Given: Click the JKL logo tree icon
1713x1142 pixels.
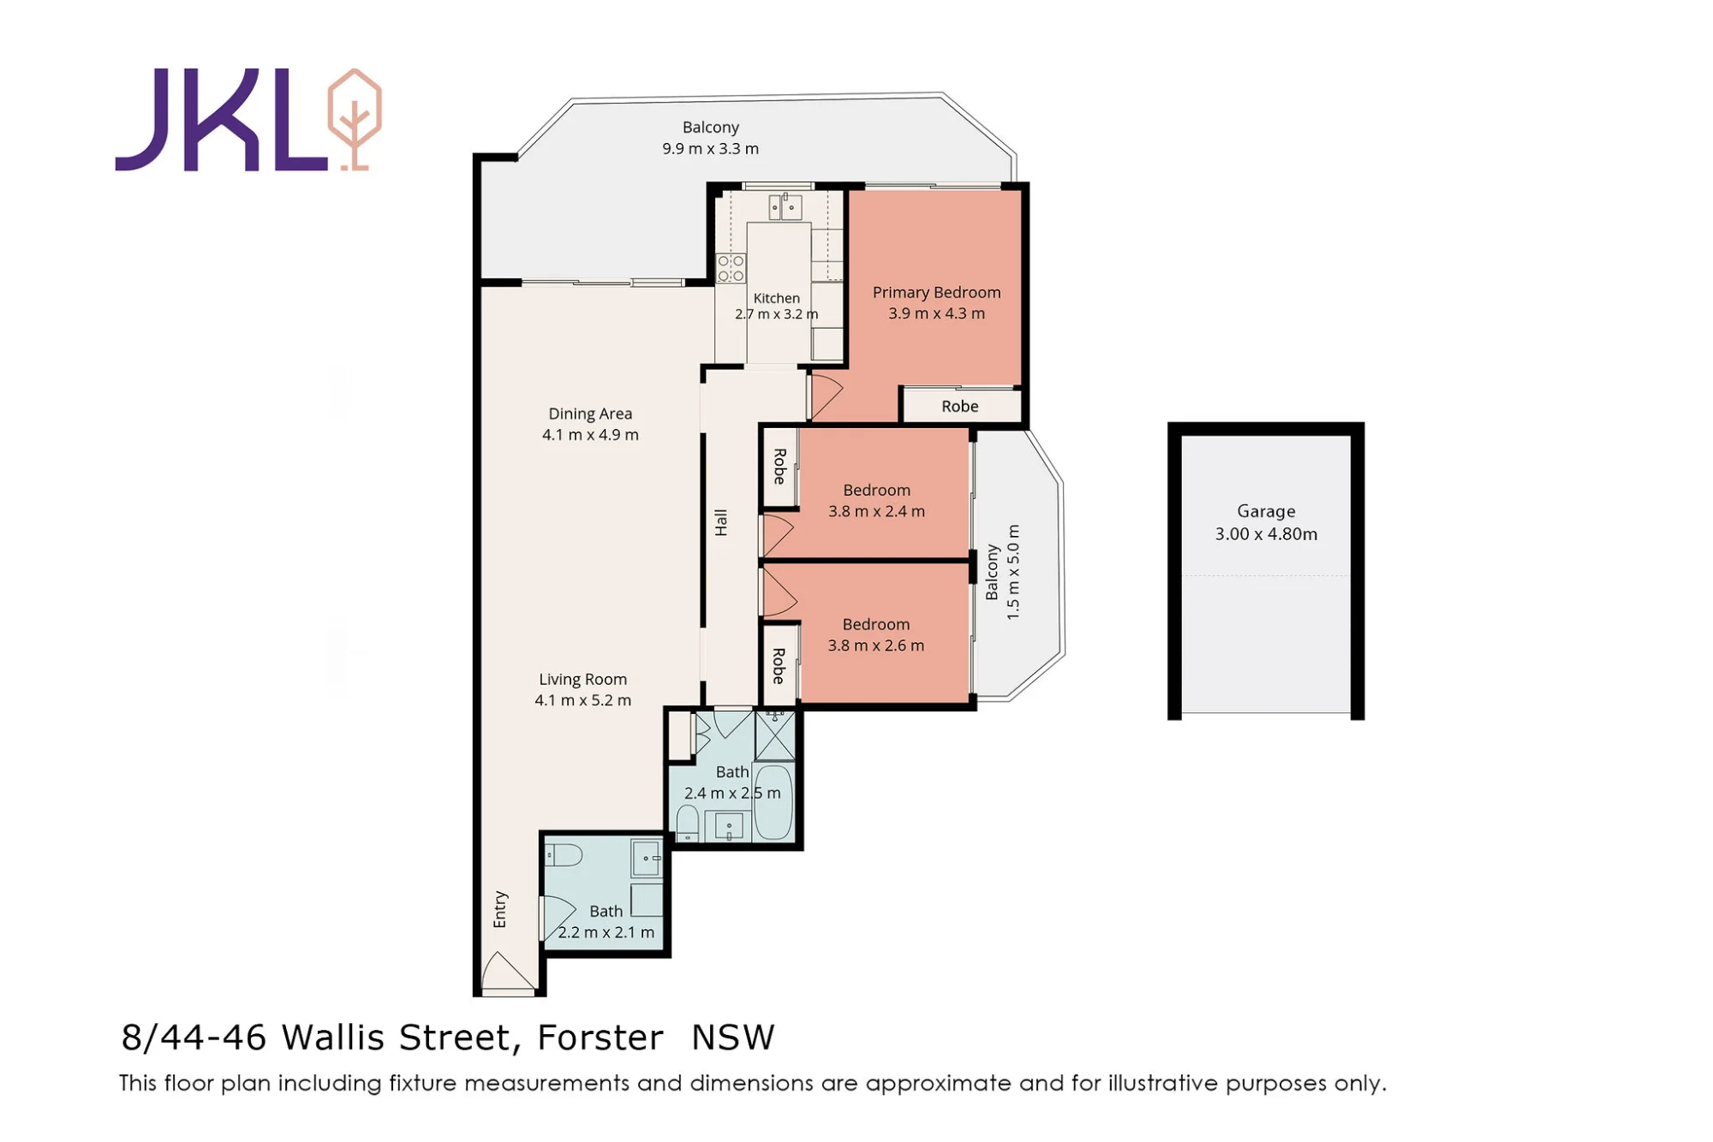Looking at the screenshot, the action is click(355, 119).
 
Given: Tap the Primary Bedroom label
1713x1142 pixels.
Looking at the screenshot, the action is click(936, 292).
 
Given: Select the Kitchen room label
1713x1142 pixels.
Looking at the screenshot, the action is click(776, 298).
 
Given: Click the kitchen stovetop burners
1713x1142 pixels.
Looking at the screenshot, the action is click(731, 268).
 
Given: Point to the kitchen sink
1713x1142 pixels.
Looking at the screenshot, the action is click(785, 206).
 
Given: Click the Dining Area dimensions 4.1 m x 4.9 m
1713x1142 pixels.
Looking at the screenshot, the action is click(590, 435).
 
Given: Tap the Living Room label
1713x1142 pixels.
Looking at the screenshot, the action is click(582, 679).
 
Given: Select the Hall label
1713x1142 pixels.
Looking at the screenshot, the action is click(721, 522).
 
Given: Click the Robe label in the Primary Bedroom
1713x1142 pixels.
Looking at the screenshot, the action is click(959, 406).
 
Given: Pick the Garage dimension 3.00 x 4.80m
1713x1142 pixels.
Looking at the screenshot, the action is click(1266, 534).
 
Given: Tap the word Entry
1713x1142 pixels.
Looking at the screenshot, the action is click(500, 909).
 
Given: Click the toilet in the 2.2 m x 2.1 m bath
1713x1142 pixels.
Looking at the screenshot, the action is click(564, 854).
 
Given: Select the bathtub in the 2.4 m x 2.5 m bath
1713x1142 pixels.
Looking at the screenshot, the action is click(773, 802).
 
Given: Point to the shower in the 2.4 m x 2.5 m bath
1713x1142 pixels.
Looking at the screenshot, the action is click(775, 735).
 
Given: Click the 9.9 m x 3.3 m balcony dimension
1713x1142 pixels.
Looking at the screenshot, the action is click(710, 149).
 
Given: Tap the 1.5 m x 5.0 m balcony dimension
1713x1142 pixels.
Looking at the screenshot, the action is click(1013, 572).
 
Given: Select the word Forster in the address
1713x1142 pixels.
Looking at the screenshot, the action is click(600, 1038).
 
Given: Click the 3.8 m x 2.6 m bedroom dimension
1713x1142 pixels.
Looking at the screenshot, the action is click(875, 645).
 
